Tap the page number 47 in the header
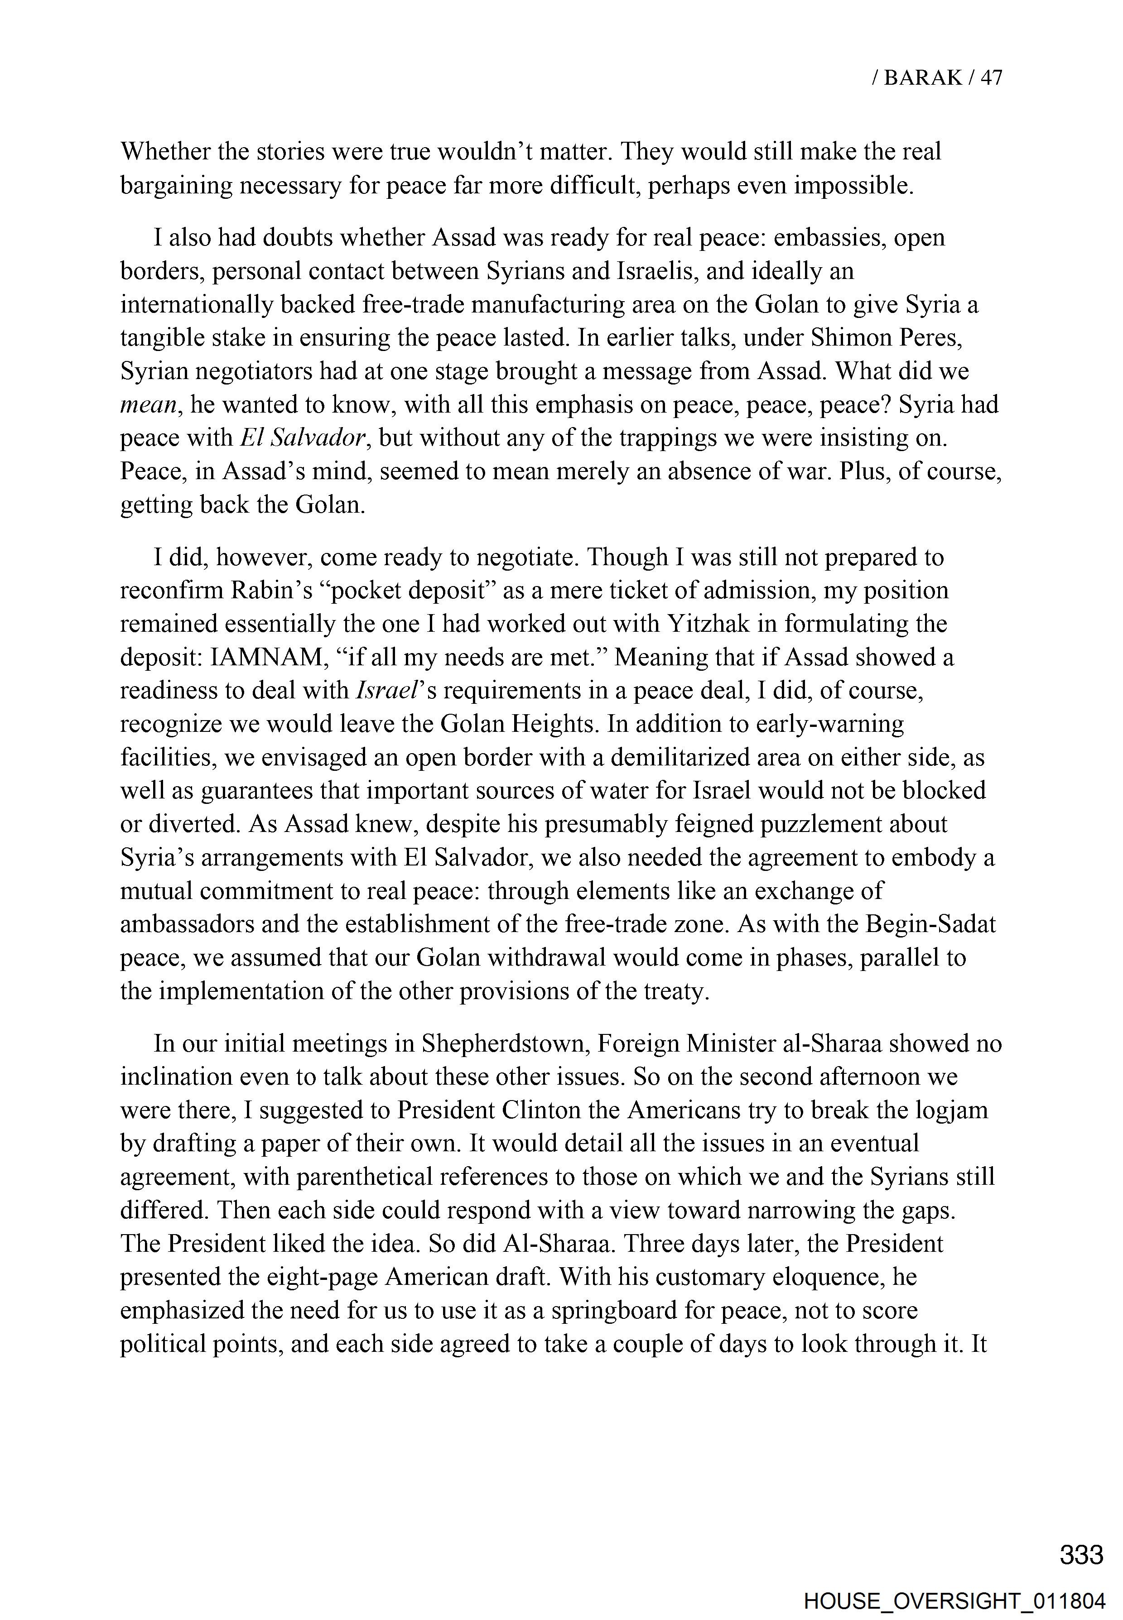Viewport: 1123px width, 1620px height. click(x=991, y=77)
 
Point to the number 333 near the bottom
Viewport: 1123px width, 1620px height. click(x=1081, y=1555)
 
